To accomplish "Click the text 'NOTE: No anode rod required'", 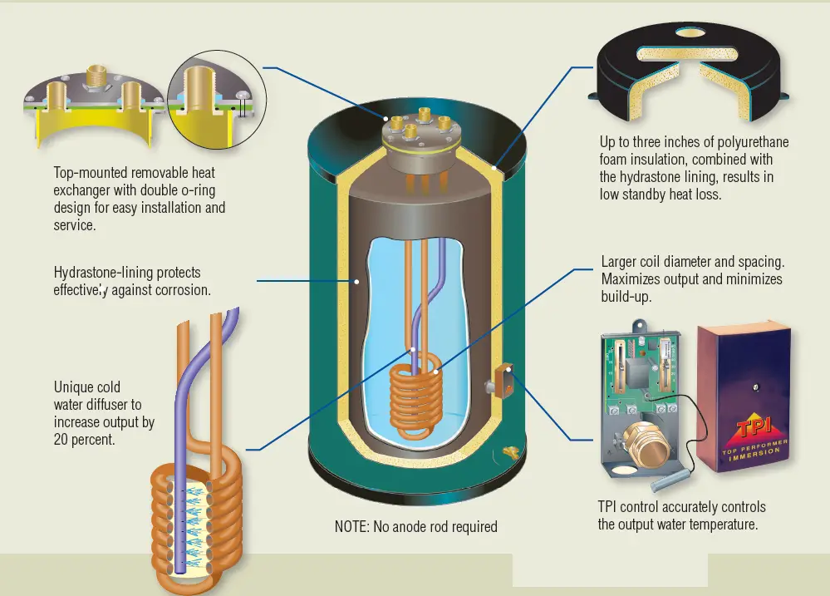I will click(x=416, y=526).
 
